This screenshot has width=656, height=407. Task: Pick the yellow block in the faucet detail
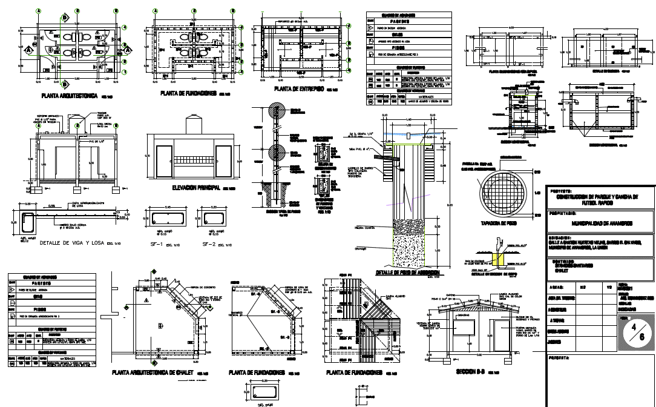[x=499, y=259]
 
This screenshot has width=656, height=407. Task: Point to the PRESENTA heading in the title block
[x=560, y=358]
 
